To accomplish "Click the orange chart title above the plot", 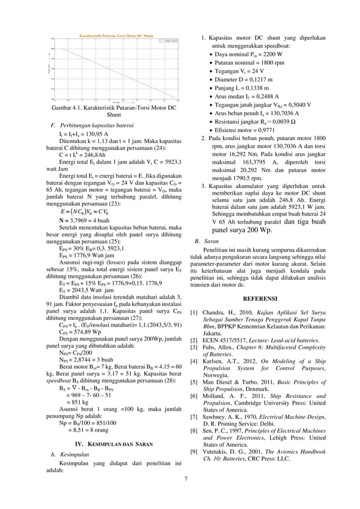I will pyautogui.click(x=115, y=35).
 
